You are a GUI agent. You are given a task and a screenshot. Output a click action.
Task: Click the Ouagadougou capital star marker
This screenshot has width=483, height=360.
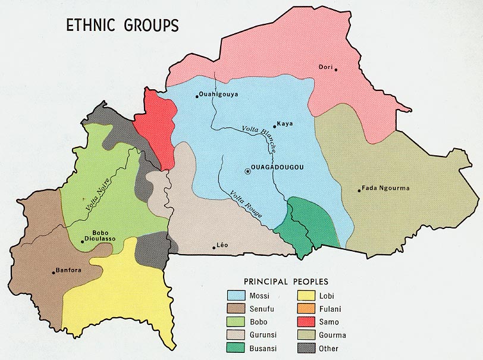pos(247,171)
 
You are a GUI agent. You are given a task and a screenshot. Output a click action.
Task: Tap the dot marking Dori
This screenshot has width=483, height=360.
pos(336,70)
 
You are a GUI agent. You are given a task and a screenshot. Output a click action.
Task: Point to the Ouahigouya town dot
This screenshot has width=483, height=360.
pos(197,96)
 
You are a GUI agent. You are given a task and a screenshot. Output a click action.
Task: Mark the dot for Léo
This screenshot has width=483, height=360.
pos(214,248)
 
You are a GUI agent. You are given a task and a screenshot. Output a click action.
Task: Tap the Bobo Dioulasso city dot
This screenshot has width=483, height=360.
pos(82,242)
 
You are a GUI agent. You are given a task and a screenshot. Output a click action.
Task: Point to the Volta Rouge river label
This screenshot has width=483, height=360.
pos(245,205)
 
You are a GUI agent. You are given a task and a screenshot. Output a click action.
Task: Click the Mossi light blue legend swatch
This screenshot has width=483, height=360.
pos(238,294)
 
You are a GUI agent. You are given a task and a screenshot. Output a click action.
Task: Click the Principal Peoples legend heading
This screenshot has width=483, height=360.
pos(286,281)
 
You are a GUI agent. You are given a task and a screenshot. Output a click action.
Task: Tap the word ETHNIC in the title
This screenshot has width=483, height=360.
pos(87,26)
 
